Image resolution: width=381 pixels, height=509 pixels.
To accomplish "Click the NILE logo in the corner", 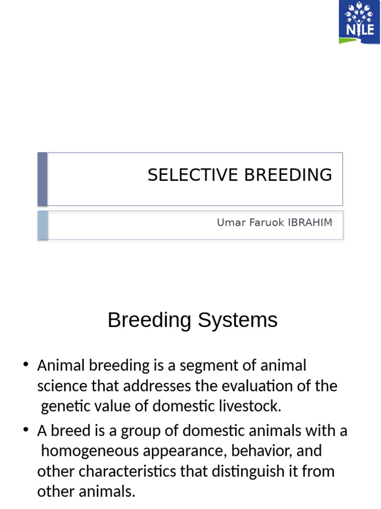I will pyautogui.click(x=359, y=22).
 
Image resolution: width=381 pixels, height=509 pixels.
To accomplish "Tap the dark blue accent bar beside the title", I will pyautogui.click(x=43, y=179).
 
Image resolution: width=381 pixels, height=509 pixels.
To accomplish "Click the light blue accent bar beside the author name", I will pyautogui.click(x=43, y=225).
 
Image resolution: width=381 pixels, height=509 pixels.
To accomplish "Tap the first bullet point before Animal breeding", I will pyautogui.click(x=26, y=365).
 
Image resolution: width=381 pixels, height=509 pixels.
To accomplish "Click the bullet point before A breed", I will pyautogui.click(x=26, y=430).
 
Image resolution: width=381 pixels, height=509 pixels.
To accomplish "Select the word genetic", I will pyautogui.click(x=63, y=407).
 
